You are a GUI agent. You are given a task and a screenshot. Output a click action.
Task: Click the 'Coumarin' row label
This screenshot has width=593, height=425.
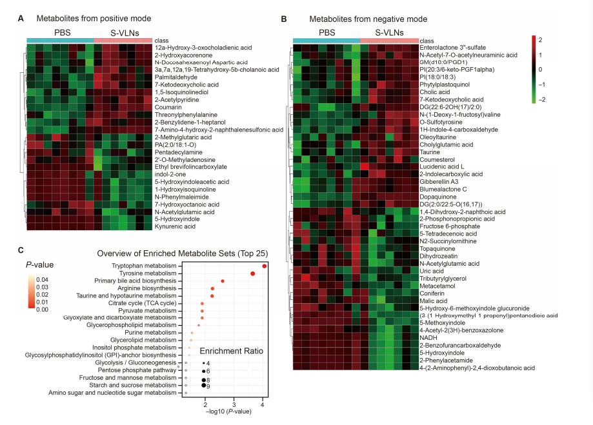pos(169,107)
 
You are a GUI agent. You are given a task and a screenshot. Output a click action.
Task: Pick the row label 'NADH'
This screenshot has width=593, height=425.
pos(428,337)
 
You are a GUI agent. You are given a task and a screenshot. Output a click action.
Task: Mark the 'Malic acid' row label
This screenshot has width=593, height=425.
pos(434,301)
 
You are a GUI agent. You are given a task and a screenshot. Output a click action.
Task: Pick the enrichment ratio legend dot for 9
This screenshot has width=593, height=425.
pos(204,386)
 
